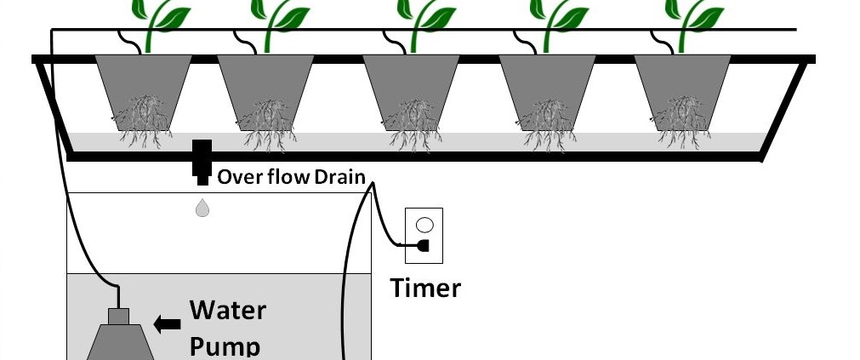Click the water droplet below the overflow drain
click(x=202, y=208)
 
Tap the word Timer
click(x=425, y=288)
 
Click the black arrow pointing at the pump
click(x=168, y=323)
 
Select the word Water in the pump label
click(x=227, y=310)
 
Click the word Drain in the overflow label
click(x=340, y=177)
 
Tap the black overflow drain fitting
click(x=202, y=161)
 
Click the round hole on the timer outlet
click(x=426, y=226)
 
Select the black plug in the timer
click(x=422, y=246)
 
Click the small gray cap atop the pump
click(x=117, y=316)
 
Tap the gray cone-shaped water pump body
click(x=119, y=343)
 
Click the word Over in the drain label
click(x=236, y=177)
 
